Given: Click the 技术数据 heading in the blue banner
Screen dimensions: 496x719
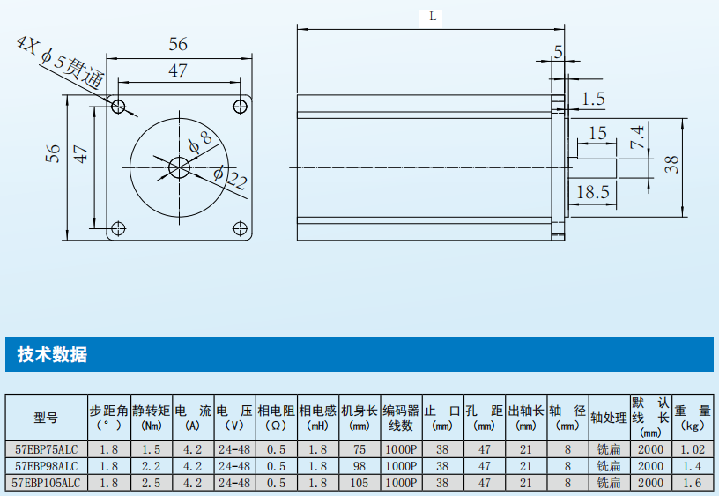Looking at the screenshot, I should pyautogui.click(x=52, y=355).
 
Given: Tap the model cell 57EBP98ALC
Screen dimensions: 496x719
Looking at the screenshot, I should pyautogui.click(x=46, y=465).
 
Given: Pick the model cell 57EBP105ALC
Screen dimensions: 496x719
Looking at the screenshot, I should pyautogui.click(x=46, y=483).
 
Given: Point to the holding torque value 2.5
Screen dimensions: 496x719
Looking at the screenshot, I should pyautogui.click(x=152, y=483).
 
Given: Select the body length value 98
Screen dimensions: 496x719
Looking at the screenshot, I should pyautogui.click(x=359, y=465).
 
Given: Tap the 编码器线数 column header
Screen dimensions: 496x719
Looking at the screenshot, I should pyautogui.click(x=401, y=418).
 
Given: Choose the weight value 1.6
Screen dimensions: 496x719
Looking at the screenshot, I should pyautogui.click(x=693, y=483).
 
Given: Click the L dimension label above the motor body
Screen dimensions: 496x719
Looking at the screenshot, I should pyautogui.click(x=432, y=16).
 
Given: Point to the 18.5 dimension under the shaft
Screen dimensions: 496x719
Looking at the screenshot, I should pyautogui.click(x=593, y=191).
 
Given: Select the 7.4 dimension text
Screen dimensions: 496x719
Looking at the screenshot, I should pyautogui.click(x=637, y=137).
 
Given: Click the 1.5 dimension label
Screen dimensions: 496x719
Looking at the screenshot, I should pyautogui.click(x=594, y=99).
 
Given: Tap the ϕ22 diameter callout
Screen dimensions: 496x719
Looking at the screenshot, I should pyautogui.click(x=232, y=178).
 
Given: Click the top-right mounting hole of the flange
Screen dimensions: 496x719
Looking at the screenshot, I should pyautogui.click(x=240, y=107).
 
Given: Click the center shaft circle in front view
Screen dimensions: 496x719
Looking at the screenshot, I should pyautogui.click(x=180, y=167).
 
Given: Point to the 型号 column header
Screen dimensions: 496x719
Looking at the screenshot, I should pyautogui.click(x=46, y=418).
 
